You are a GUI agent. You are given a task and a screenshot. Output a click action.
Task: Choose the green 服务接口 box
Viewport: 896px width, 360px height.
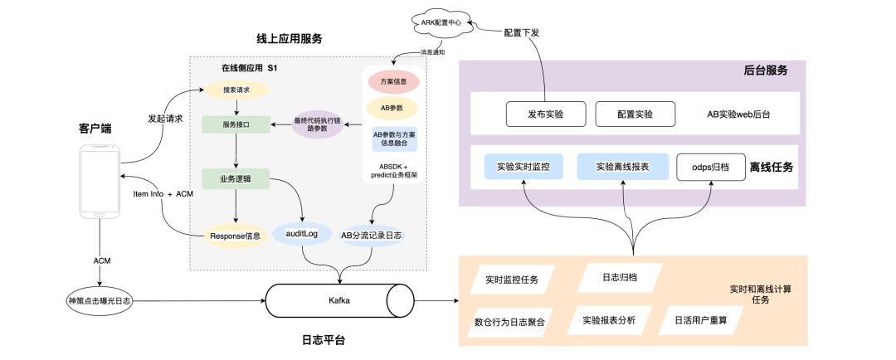tap(236, 124)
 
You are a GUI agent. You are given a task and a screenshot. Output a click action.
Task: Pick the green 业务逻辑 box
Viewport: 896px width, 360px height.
tap(236, 178)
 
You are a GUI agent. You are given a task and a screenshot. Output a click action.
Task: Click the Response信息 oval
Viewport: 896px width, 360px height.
tap(236, 236)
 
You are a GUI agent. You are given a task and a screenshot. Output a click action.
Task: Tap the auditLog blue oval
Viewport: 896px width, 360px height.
tap(301, 235)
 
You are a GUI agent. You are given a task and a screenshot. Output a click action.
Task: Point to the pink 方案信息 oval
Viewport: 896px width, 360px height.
tap(392, 81)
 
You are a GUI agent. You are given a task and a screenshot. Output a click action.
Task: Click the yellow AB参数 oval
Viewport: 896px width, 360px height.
tap(392, 108)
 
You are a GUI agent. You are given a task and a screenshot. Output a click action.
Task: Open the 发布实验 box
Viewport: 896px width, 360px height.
tap(545, 114)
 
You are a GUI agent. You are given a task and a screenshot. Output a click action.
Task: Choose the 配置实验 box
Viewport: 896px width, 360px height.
tap(635, 114)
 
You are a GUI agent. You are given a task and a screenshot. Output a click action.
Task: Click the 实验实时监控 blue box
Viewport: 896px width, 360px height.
tap(529, 167)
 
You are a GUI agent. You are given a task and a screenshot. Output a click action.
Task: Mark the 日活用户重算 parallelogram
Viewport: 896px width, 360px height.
tap(700, 319)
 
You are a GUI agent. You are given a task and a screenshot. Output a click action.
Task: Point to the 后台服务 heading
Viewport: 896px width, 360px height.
tap(764, 71)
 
